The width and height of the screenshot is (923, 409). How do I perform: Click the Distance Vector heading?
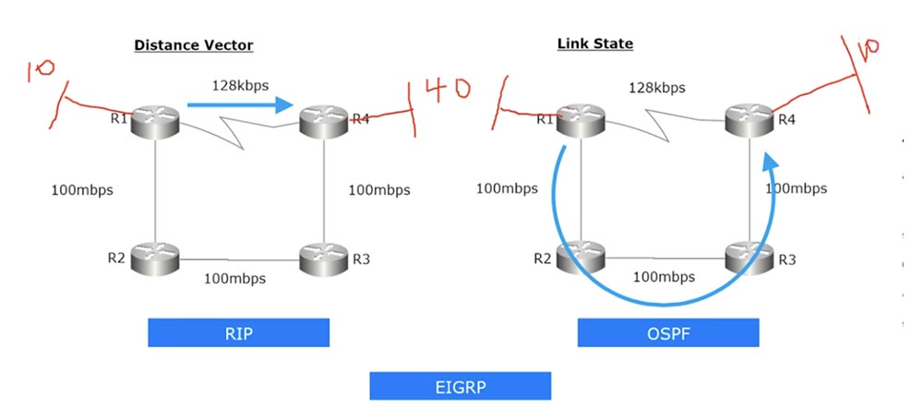click(x=193, y=44)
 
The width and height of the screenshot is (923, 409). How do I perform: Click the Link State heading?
click(x=594, y=43)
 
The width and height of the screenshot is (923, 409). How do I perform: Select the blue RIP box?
click(x=238, y=332)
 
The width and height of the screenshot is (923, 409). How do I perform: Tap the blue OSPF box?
click(x=667, y=332)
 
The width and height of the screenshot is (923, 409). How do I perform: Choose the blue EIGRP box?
click(x=460, y=386)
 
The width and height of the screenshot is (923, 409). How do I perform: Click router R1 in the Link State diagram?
click(x=580, y=118)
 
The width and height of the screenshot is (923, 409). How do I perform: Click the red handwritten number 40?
click(x=445, y=90)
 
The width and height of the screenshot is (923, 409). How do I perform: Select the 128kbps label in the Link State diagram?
click(x=657, y=88)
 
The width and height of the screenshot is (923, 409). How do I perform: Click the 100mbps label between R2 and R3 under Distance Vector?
click(x=234, y=278)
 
